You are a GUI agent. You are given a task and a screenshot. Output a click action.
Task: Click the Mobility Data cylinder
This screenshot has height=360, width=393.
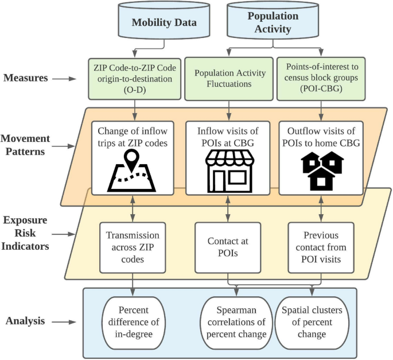[164, 22]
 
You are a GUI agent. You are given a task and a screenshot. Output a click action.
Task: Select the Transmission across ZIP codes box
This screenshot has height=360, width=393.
[134, 246]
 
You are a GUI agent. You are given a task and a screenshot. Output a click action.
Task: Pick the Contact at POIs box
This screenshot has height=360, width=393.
[228, 246]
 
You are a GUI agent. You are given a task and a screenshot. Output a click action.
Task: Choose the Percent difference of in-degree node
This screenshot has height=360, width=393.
[134, 322]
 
